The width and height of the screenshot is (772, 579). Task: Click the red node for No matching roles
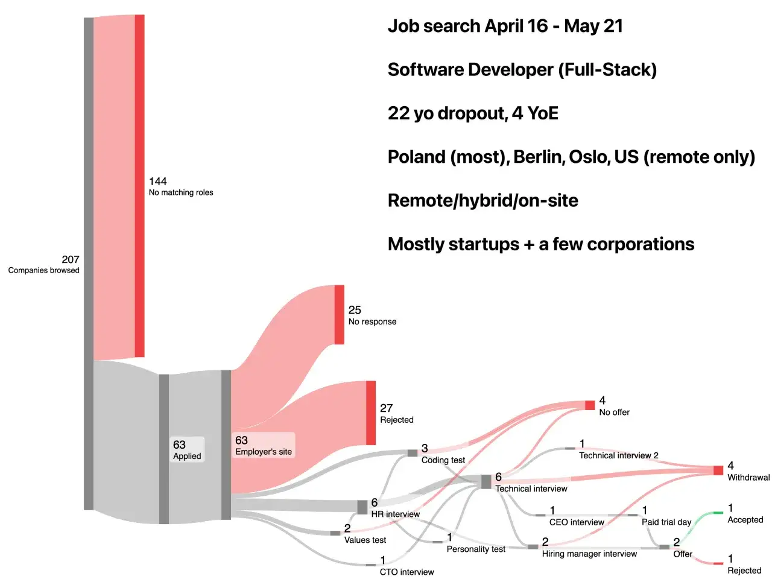click(139, 186)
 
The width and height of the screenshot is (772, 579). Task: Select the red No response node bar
click(340, 315)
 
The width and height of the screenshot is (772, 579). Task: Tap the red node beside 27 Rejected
click(371, 413)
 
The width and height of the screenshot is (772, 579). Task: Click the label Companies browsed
click(43, 270)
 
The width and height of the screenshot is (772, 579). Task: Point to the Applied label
click(187, 456)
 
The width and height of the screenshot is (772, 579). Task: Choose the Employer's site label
click(264, 452)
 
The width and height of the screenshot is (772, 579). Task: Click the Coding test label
click(443, 460)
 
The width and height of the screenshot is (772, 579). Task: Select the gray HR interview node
click(362, 507)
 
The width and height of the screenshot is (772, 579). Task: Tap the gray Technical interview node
click(486, 482)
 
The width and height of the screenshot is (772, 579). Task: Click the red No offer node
click(590, 405)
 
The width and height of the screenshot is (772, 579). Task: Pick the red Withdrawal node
click(718, 470)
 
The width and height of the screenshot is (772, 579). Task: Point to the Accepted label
click(745, 520)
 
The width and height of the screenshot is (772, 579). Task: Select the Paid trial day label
click(666, 522)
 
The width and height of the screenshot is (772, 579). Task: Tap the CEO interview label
click(577, 522)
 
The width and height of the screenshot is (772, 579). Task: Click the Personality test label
click(476, 549)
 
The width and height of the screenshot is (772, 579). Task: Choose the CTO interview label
click(407, 572)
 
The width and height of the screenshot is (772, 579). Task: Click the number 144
click(158, 182)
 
